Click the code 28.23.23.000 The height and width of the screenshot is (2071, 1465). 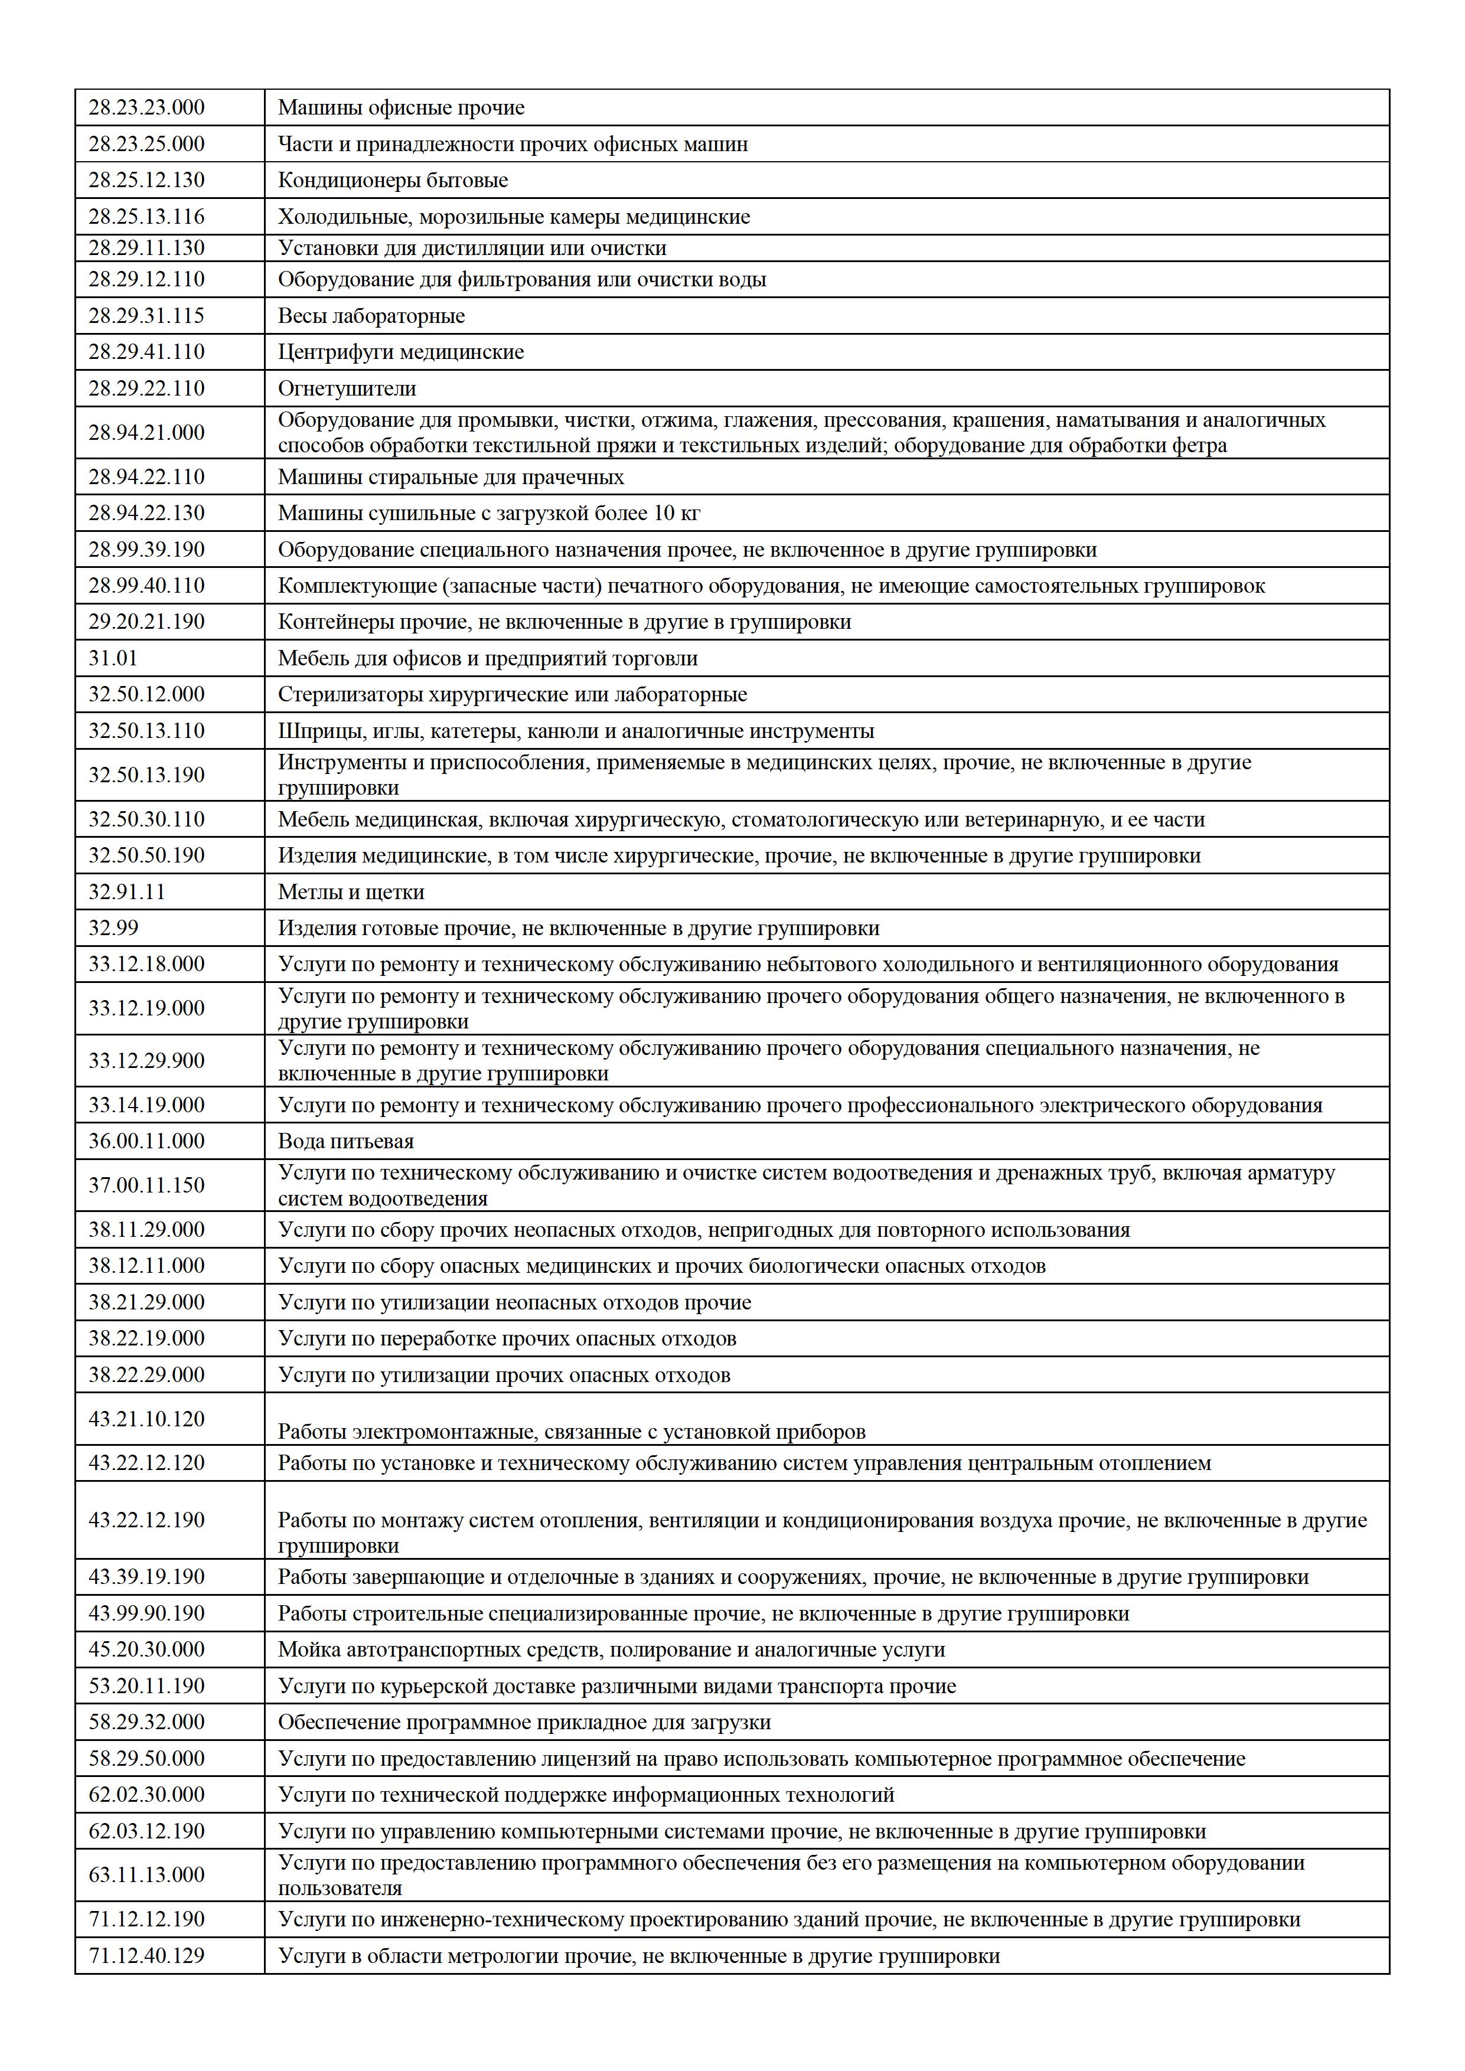[146, 107]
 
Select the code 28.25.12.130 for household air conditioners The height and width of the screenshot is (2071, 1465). [146, 179]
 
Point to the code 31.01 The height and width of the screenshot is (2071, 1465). [113, 658]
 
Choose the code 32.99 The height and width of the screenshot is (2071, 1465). [113, 927]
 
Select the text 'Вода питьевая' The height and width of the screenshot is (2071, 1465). [345, 1141]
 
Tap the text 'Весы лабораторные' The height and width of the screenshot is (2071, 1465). [371, 316]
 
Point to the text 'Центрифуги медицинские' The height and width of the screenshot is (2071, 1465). [400, 352]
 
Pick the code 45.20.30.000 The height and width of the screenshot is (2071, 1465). [146, 1649]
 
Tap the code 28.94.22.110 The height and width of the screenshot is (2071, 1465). [146, 476]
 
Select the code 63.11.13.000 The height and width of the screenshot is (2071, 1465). [146, 1874]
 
